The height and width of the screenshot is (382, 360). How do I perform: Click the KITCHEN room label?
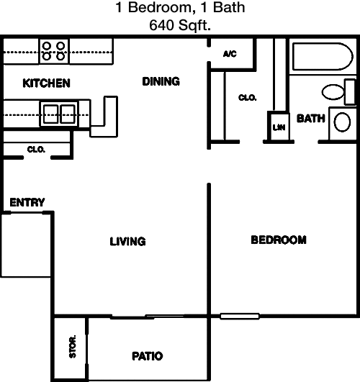tap(46, 83)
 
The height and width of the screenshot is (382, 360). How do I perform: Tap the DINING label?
tap(161, 81)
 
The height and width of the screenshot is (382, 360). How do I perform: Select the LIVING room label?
tap(128, 242)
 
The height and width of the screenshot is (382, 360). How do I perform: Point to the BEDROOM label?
tap(279, 240)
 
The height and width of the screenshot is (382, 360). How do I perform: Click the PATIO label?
tap(148, 356)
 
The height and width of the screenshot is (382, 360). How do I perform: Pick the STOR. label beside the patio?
tap(73, 347)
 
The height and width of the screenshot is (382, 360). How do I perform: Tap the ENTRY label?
tap(27, 202)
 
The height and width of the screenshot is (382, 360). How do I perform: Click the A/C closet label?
tap(230, 54)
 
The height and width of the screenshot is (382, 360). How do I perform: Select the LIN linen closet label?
tap(279, 127)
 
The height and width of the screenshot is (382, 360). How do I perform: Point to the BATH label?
tap(311, 119)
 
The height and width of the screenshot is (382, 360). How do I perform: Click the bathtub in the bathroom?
tap(323, 57)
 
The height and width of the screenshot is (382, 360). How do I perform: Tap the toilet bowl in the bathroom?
tap(333, 92)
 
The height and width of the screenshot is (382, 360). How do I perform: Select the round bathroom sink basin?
tap(342, 122)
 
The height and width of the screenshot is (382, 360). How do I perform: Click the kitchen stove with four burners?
tap(54, 51)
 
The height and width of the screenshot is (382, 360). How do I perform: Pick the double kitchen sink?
tap(59, 114)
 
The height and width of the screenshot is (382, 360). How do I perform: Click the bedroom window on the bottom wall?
tap(240, 317)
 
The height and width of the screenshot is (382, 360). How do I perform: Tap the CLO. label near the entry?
tap(36, 150)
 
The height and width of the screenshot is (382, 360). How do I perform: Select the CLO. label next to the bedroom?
tap(247, 98)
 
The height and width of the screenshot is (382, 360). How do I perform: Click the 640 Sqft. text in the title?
tap(180, 25)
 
